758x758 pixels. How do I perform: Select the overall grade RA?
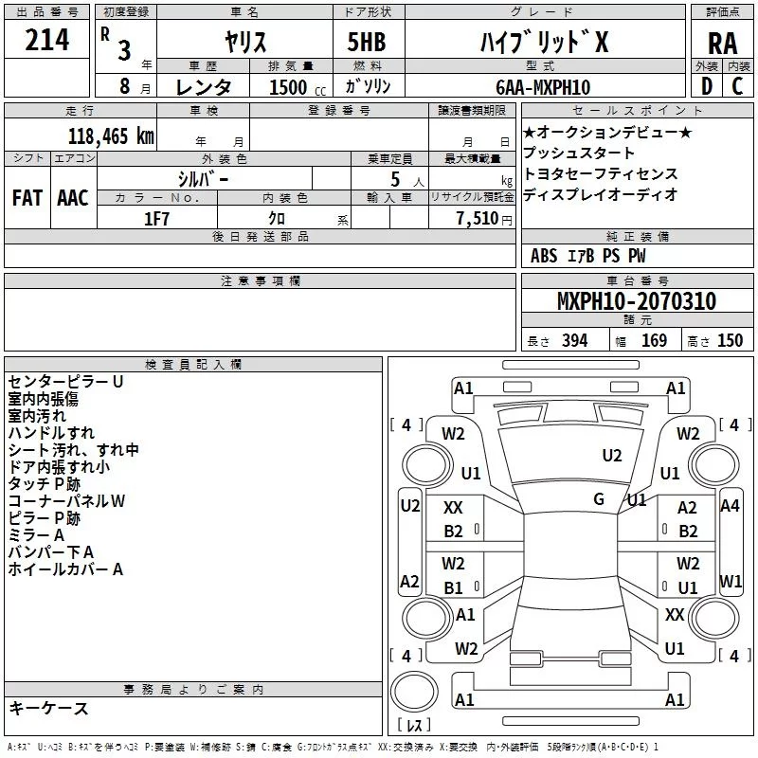pos(722,43)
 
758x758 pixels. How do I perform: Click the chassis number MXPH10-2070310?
pos(636,301)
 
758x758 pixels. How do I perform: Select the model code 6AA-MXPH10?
pos(543,87)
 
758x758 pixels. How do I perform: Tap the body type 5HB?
pos(365,42)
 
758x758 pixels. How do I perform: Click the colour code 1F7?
pos(156,217)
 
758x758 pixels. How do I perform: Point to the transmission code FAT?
pos(27,197)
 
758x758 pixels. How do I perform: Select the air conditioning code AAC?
pos(73,197)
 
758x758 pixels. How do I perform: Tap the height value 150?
pos(730,341)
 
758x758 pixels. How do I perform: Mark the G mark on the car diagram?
pos(599,498)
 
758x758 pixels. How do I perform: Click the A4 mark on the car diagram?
pos(730,506)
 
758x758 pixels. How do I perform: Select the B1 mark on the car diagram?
pos(454,587)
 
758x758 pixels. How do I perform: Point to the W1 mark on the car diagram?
pos(731,581)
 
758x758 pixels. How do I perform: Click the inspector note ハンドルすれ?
pos(50,432)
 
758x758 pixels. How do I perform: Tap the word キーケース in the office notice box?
pos(48,708)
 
